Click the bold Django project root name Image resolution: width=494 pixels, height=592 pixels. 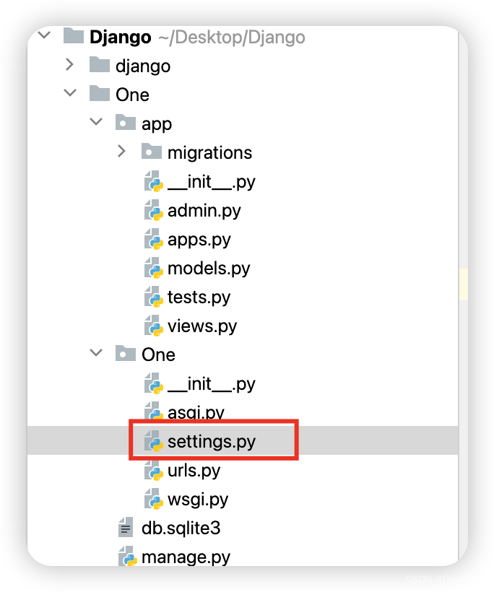coord(121,37)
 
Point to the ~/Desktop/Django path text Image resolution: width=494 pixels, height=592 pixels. coord(231,37)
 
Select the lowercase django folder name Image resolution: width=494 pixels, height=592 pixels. coord(143,66)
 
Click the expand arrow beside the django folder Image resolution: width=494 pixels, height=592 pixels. coord(69,65)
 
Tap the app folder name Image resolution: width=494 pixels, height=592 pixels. coord(157,123)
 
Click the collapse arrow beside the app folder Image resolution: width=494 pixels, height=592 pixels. coord(95,123)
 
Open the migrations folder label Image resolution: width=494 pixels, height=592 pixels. coord(209,152)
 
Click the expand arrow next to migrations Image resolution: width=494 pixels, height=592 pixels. coord(122,152)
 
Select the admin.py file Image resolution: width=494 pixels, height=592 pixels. coord(204,210)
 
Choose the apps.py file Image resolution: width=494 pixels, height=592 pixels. coord(199,239)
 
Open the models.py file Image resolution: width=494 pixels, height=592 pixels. coord(209,268)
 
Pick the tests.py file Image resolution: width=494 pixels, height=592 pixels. coord(199,297)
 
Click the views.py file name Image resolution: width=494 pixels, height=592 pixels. coord(202,326)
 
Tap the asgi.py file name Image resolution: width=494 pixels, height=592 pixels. coord(196,413)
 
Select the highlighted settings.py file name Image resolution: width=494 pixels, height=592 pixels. coord(211,441)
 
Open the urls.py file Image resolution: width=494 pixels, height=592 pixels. coord(194,470)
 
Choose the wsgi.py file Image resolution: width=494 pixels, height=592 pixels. coord(197,499)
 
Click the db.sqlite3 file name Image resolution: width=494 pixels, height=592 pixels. coord(181,528)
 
